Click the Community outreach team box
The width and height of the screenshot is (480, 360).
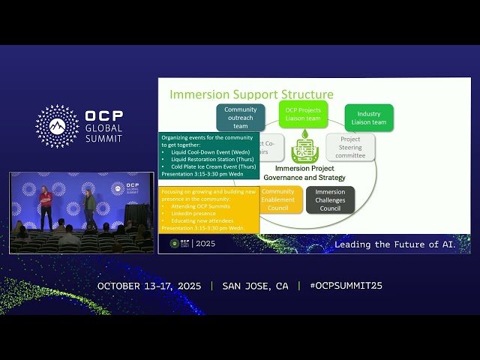click(x=240, y=118)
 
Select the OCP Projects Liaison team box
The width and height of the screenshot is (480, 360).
click(x=303, y=114)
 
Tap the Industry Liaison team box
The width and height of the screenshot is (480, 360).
click(x=369, y=118)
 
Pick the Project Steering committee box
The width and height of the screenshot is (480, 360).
click(x=350, y=147)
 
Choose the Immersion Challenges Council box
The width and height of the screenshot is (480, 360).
click(x=330, y=199)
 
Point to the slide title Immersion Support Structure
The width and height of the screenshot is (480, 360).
click(x=251, y=94)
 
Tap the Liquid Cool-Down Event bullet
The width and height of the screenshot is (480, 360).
click(x=201, y=151)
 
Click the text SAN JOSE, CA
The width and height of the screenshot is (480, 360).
click(x=255, y=286)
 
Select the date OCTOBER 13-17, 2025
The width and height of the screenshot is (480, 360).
click(x=150, y=286)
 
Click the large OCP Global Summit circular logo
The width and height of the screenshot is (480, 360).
click(x=57, y=126)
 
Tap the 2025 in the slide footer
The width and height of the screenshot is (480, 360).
click(x=204, y=244)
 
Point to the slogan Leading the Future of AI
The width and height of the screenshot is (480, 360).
click(x=394, y=244)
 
